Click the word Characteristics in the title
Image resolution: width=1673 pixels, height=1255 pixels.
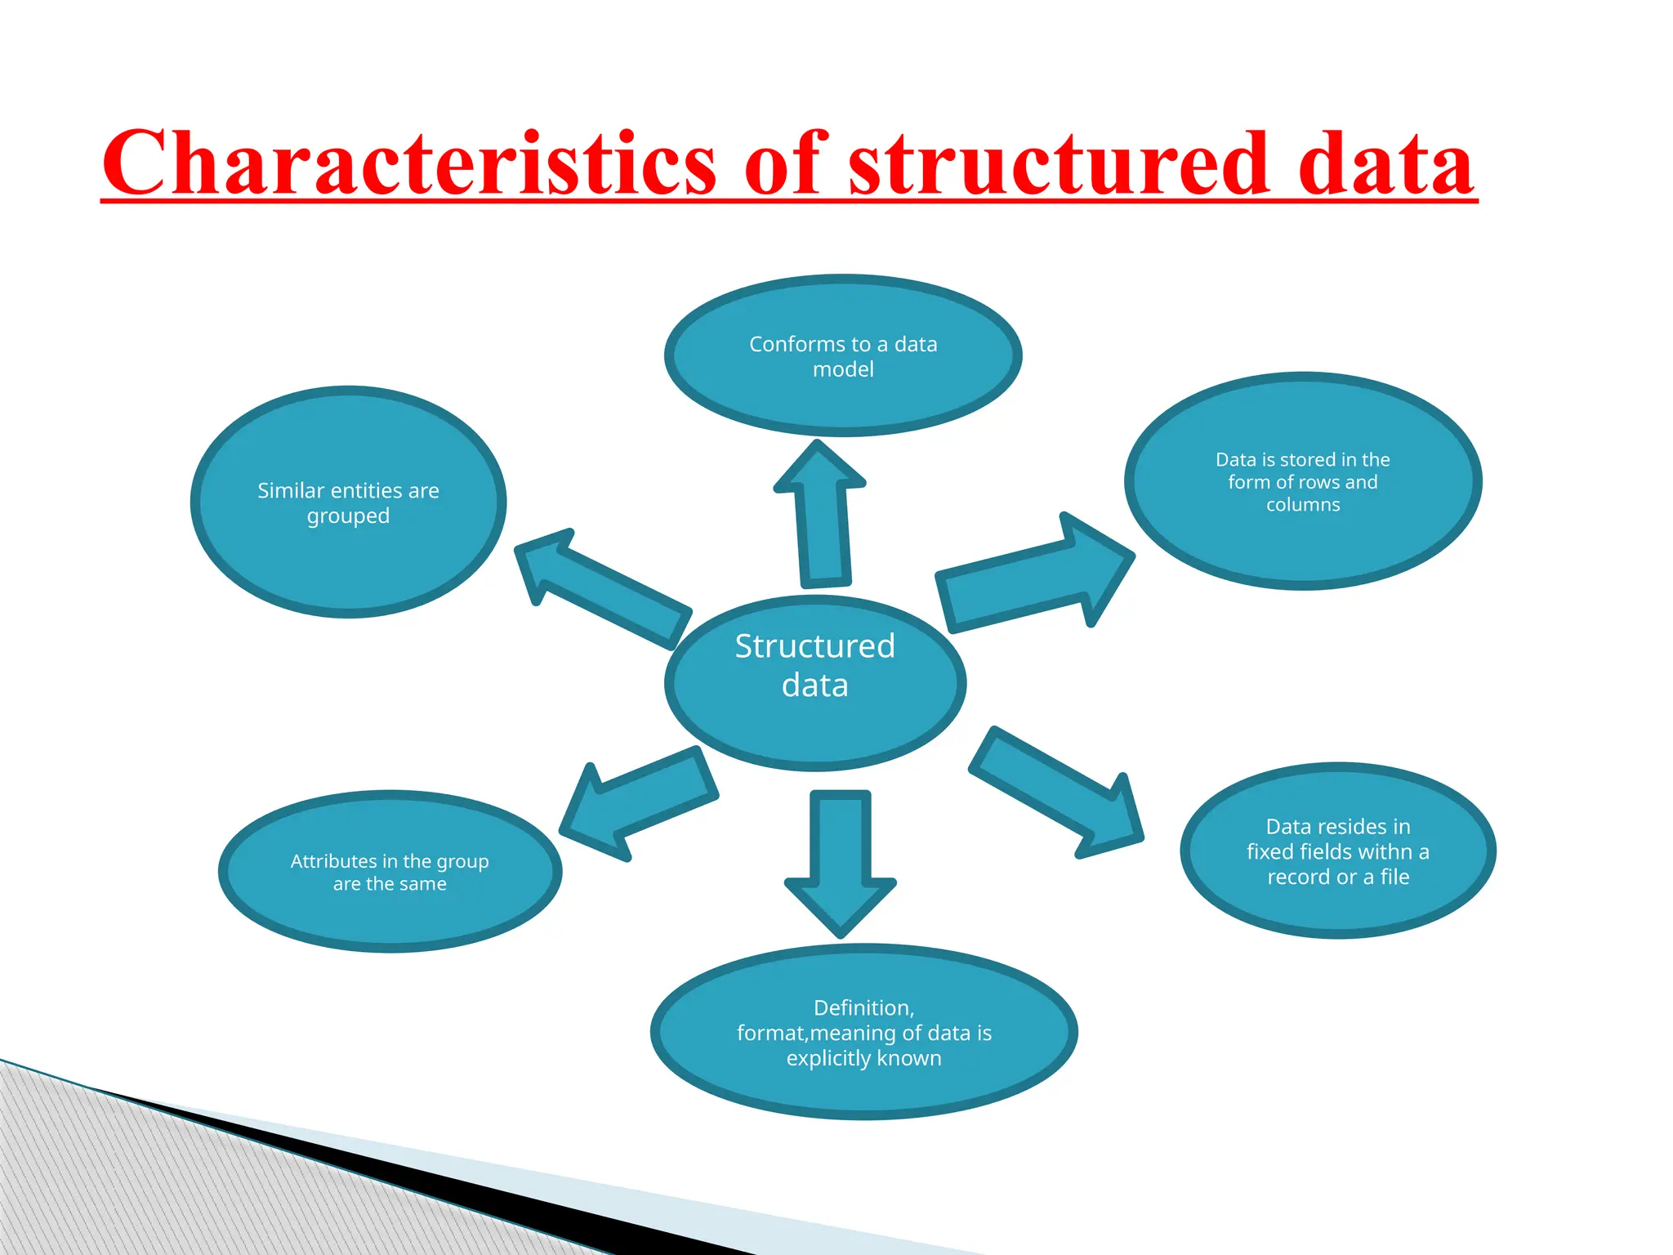coord(408,163)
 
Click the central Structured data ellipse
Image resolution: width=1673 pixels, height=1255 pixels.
coord(814,719)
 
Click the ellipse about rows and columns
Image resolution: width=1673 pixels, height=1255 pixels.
coord(1303,539)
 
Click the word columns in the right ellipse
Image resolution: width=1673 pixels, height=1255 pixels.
coord(1303,505)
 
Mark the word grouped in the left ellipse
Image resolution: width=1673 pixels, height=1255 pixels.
coord(348,516)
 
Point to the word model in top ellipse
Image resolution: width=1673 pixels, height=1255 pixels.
coord(843,369)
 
